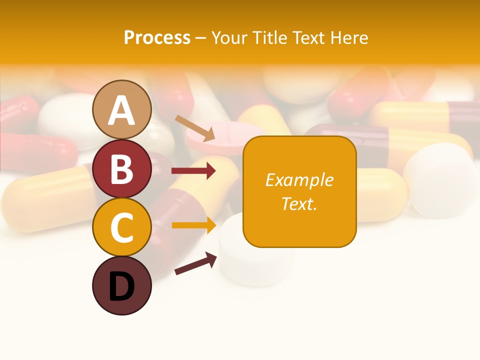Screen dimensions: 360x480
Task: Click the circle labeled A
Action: coord(121,109)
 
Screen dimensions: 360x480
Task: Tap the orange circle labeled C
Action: coord(121,227)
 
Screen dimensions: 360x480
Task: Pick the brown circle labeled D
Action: coord(121,285)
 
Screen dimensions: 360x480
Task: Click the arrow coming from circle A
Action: coord(195,128)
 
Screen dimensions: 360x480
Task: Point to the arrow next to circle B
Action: coord(193,171)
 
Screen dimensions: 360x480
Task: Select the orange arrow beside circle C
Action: coord(193,225)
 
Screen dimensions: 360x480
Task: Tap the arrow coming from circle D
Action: coord(195,263)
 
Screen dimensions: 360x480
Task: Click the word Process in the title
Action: coord(157,37)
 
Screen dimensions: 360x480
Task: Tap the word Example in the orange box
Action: coord(299,180)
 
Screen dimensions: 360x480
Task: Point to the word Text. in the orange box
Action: coord(299,203)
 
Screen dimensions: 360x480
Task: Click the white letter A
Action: coord(121,110)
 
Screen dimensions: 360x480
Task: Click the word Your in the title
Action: coord(229,37)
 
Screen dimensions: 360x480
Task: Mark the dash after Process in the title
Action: coord(200,38)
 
